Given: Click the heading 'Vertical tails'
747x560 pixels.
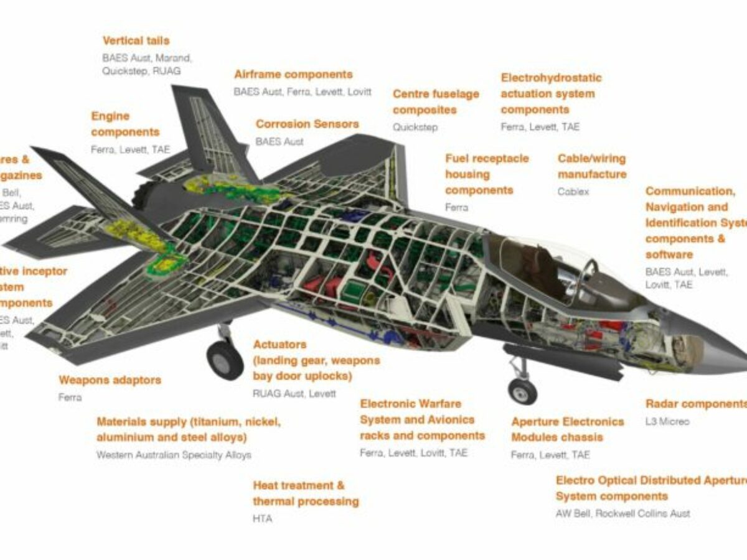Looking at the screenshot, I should pyautogui.click(x=136, y=41).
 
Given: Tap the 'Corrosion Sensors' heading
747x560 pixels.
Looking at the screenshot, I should pyautogui.click(x=307, y=124).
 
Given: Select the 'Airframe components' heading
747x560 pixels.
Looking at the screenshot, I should pyautogui.click(x=293, y=75).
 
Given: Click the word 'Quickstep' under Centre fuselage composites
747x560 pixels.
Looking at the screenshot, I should pyautogui.click(x=415, y=128).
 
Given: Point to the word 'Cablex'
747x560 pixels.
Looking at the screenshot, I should pyautogui.click(x=573, y=192).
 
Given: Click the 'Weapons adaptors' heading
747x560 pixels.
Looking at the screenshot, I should pyautogui.click(x=110, y=380).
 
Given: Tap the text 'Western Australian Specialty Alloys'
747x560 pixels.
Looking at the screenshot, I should pyautogui.click(x=174, y=455).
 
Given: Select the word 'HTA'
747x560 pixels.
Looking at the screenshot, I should pyautogui.click(x=262, y=518).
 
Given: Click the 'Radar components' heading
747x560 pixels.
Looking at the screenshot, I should pyautogui.click(x=695, y=404).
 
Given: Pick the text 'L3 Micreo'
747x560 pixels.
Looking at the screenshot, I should pyautogui.click(x=667, y=422).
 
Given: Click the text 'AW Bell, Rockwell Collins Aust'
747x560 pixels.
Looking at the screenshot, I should pyautogui.click(x=622, y=514).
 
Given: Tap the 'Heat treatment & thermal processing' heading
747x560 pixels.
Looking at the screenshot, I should pyautogui.click(x=305, y=493).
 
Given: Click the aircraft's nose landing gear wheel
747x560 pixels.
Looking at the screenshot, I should pyautogui.click(x=522, y=391).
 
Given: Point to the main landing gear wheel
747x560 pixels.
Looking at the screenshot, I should pyautogui.click(x=225, y=360).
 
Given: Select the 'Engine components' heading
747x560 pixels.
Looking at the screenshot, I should pyautogui.click(x=125, y=124).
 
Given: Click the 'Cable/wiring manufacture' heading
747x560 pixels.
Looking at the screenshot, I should pyautogui.click(x=591, y=167).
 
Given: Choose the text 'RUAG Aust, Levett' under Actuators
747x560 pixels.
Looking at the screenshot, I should pyautogui.click(x=294, y=394).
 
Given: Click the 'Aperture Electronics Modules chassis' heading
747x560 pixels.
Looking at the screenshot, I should pyautogui.click(x=567, y=429).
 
